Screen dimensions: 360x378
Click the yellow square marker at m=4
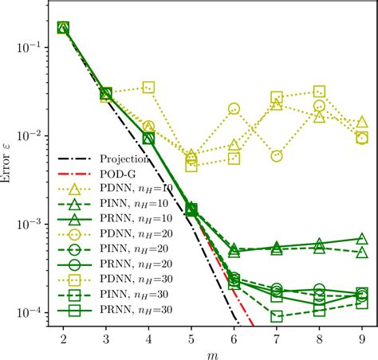(148, 88)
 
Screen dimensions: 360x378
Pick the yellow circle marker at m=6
(234, 108)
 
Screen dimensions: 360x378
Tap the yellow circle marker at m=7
(277, 156)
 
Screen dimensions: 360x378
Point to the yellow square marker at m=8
(320, 92)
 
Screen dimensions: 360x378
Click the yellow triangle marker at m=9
(362, 122)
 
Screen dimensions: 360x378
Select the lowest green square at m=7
(277, 316)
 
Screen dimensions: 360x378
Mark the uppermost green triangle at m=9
(362, 238)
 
